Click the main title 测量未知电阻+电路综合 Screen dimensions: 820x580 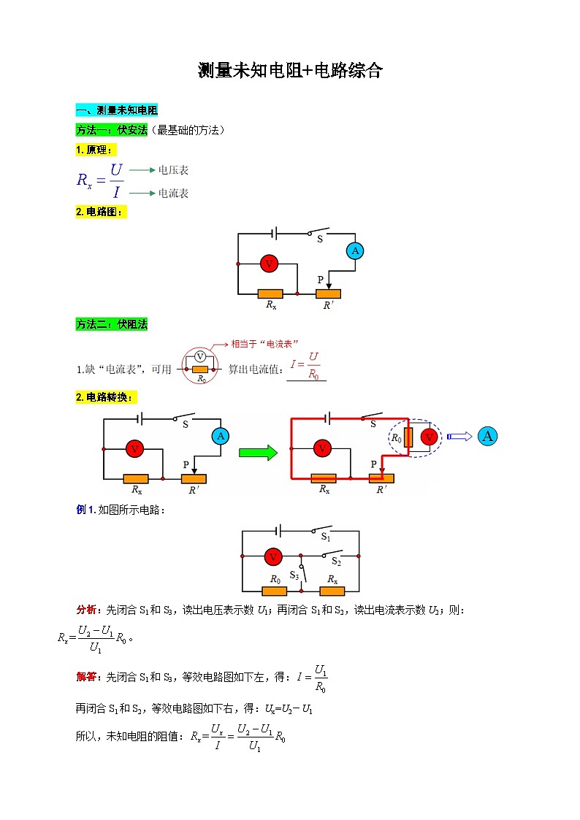click(x=290, y=71)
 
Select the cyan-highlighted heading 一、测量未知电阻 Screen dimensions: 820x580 click(x=116, y=110)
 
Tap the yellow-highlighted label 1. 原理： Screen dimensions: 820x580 click(x=95, y=150)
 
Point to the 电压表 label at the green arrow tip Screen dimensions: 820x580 click(x=173, y=170)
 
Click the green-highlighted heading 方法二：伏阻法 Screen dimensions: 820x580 click(x=111, y=324)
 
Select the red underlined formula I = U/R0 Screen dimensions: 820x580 click(x=307, y=365)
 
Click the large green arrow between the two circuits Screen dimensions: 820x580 click(x=259, y=453)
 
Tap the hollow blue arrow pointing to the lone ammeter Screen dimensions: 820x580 click(x=459, y=437)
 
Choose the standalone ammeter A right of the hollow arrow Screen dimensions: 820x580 click(x=488, y=437)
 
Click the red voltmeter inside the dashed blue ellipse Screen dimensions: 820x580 click(x=430, y=437)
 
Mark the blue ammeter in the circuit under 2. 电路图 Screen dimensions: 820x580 click(x=355, y=251)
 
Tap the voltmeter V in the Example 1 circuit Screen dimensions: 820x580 click(x=273, y=557)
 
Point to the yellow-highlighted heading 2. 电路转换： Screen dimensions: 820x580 click(x=105, y=397)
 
